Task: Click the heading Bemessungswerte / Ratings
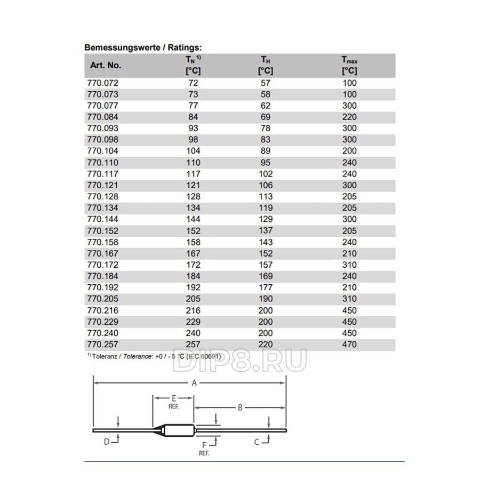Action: point(143,47)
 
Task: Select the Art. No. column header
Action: point(106,66)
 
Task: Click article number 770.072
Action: point(102,83)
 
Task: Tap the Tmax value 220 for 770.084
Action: point(349,117)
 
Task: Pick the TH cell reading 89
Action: point(265,151)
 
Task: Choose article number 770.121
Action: point(102,185)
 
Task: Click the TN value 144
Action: point(193,219)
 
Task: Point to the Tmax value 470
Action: point(349,345)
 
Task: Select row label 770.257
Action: point(102,345)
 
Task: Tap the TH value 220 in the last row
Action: point(265,345)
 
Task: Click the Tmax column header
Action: point(349,65)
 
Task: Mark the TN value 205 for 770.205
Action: point(193,299)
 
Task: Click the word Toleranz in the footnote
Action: point(103,356)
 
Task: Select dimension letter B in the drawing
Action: point(240,408)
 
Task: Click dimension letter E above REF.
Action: point(173,398)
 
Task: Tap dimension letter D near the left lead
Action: point(107,442)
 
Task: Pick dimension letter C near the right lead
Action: point(257,442)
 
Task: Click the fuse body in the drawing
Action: point(179,429)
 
